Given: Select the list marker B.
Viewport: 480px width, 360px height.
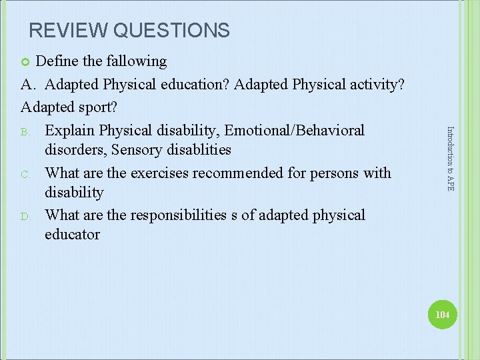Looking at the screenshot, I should pyautogui.click(x=25, y=131).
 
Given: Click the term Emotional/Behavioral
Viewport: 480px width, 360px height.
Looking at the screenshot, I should pyautogui.click(x=293, y=130).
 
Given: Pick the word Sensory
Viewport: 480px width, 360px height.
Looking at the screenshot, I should pyautogui.click(x=137, y=149).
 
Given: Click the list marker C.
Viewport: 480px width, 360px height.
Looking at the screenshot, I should pyautogui.click(x=25, y=173).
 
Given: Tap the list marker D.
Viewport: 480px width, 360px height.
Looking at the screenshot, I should pyautogui.click(x=25, y=216).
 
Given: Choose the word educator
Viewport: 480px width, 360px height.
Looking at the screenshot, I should pyautogui.click(x=72, y=234).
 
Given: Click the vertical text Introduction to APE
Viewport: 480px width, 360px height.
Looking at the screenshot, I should pyautogui.click(x=450, y=159).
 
